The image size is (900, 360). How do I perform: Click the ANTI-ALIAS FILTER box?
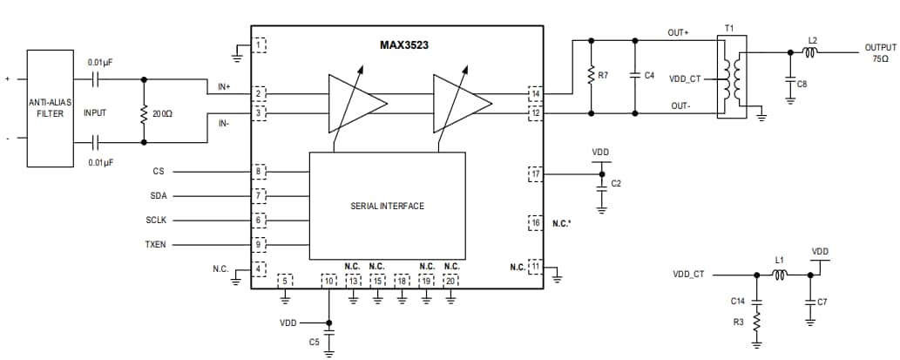coord(49,108)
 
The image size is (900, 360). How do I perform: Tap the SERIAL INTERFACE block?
coord(388,206)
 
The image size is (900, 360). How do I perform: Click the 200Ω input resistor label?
coord(162,113)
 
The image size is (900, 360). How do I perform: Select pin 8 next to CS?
coord(259,172)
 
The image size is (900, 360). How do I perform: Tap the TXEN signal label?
coord(155,245)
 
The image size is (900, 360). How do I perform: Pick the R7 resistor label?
coord(602,76)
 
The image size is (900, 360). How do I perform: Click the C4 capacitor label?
coord(648,76)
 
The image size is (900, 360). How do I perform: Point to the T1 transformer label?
coord(729,29)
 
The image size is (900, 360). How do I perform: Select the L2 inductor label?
coord(812,40)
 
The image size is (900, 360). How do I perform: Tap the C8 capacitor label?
coord(802,84)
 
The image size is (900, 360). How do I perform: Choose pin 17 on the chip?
coord(535,173)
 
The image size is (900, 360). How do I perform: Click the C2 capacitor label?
coord(616,183)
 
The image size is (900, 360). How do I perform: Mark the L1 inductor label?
coord(781,261)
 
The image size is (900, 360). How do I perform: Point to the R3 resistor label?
coord(737,323)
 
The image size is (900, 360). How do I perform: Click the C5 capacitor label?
coord(314,343)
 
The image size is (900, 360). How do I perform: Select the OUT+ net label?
coord(679,32)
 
